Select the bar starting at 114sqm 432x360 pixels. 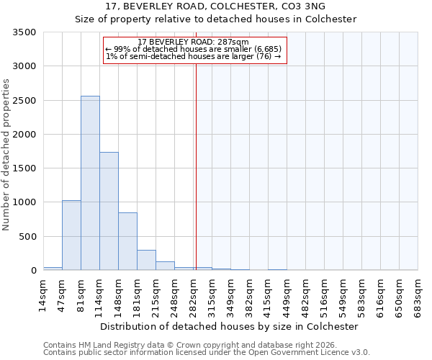(109, 211)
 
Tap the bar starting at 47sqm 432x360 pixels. (71, 235)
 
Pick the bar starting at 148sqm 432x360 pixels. (127, 241)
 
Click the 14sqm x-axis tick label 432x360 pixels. (43, 293)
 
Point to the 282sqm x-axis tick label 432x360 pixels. (193, 293)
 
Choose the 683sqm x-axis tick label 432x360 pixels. (418, 293)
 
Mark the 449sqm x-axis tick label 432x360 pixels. (287, 293)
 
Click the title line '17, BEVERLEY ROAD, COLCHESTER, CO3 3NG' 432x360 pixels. (216, 6)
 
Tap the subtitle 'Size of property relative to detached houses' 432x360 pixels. (216, 19)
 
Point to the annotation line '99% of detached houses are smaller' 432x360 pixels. (195, 49)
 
